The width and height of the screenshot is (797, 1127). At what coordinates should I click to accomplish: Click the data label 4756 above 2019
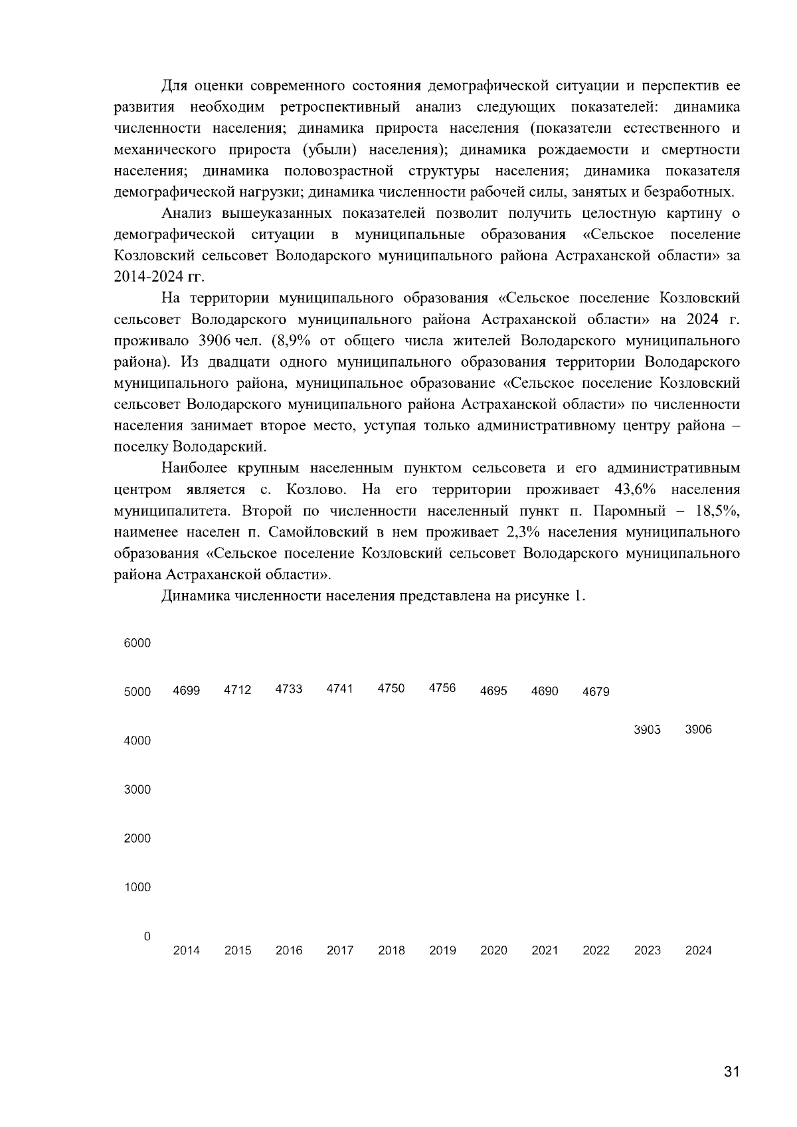442,688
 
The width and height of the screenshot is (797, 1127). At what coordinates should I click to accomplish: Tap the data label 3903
647,729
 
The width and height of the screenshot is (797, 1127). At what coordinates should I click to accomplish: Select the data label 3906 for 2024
698,729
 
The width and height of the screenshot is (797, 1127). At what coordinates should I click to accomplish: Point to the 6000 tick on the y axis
137,643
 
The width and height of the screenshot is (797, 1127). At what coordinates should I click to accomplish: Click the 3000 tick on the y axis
137,790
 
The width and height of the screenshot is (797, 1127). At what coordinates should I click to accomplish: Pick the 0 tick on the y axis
147,936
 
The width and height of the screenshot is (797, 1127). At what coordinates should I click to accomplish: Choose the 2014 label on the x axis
186,950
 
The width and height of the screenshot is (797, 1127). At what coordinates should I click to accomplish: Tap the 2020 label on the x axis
493,950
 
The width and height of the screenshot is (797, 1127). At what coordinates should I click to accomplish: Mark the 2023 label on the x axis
647,950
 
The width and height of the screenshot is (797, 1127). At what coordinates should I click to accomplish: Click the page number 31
731,1071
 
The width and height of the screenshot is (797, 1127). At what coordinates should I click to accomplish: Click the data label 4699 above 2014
186,691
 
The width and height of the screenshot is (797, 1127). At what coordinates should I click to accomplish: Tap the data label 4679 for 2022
596,691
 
